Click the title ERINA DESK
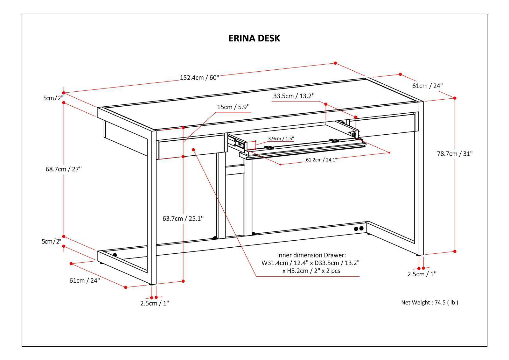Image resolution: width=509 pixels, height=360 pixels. [254, 38]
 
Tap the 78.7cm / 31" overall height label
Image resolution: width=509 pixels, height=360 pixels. [455, 154]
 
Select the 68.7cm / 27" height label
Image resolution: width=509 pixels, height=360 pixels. [64, 169]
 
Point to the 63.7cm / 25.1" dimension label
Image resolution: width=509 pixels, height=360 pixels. [183, 218]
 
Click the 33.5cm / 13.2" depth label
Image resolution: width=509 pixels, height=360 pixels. [294, 96]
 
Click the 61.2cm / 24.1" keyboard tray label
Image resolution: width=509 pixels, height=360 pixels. [321, 160]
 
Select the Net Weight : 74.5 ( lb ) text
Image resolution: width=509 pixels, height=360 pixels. [429, 302]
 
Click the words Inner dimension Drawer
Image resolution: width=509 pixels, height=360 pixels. [311, 255]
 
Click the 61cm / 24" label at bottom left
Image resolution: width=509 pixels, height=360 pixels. [85, 280]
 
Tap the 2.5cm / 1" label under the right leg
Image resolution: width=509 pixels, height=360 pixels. [422, 274]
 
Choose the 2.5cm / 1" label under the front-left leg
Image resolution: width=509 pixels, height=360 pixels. [155, 303]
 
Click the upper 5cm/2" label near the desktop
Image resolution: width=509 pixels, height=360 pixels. [53, 98]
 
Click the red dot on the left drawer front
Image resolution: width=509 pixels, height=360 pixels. [193, 149]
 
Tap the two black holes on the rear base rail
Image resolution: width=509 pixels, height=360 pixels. [359, 229]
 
